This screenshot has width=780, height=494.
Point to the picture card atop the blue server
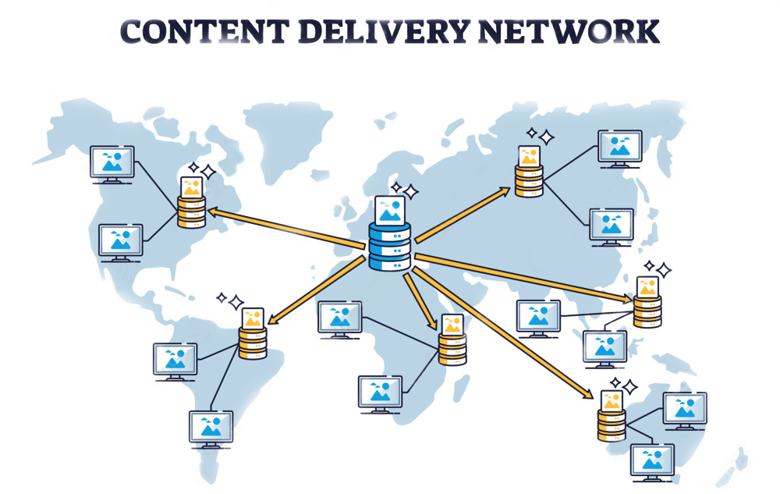pos(389,208)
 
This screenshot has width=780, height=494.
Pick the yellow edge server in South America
pos(253,342)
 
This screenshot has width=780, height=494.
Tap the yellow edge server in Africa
pos(452,348)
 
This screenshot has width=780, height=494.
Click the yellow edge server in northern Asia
pos(529,180)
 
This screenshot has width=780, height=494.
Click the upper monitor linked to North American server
pos(112,163)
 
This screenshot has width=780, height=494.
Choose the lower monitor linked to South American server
pos(211,428)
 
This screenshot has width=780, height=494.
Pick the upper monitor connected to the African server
pos(339,318)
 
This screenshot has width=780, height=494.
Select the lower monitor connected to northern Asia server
pos(612,226)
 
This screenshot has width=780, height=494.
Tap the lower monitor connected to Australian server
pos(652,460)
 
